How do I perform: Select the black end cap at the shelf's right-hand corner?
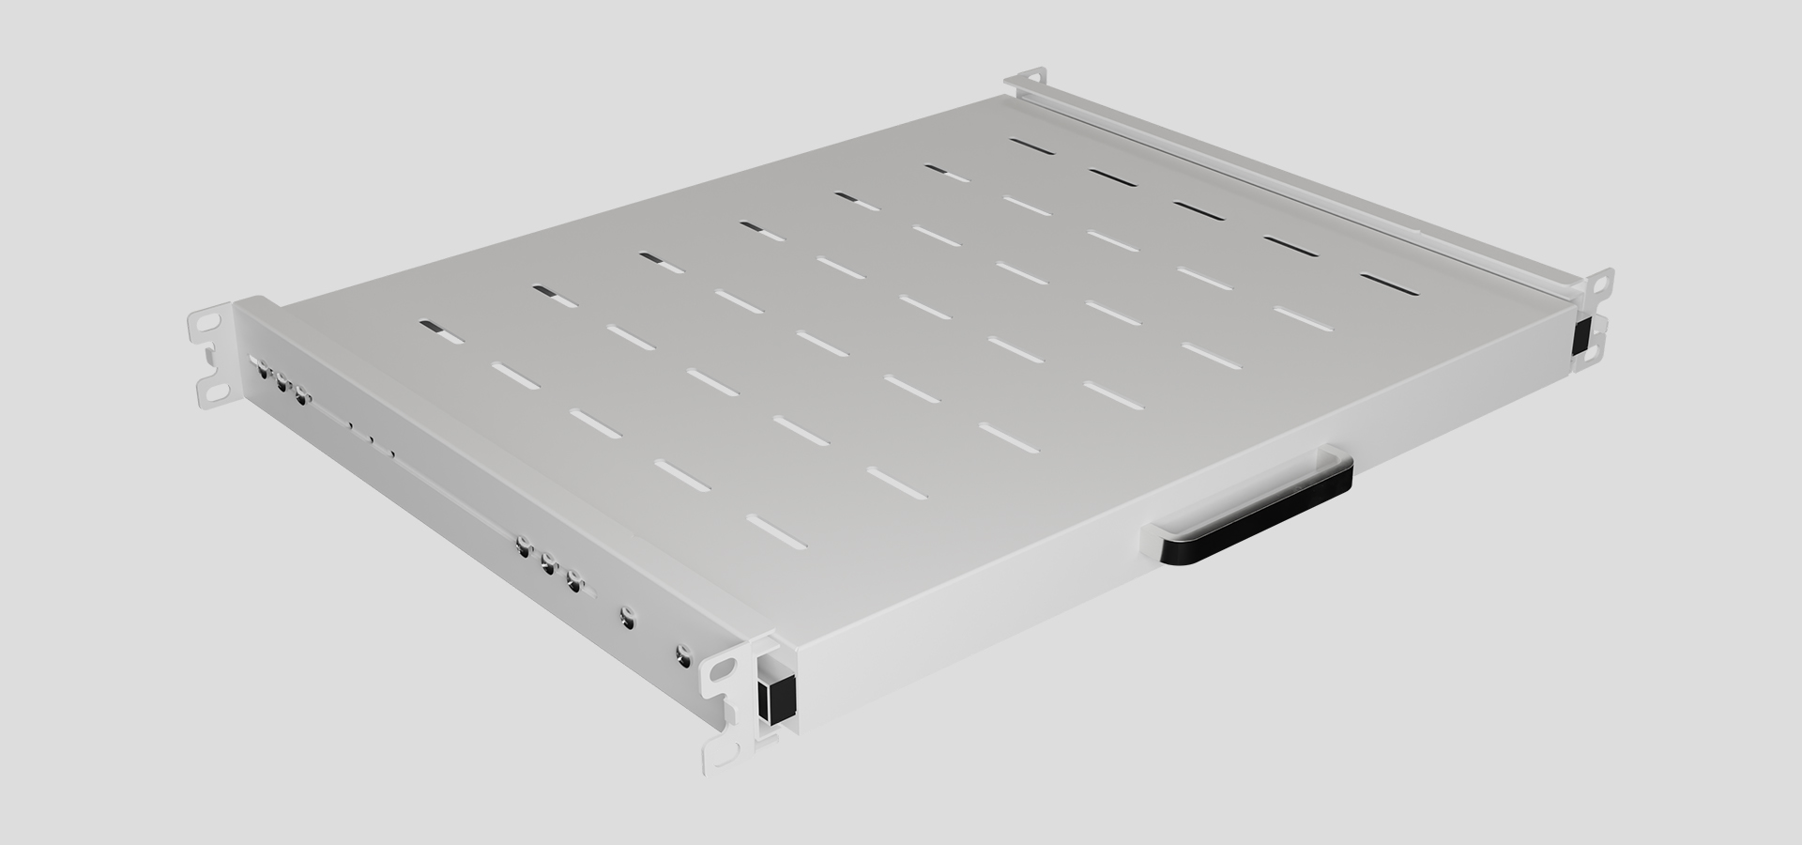tap(1582, 335)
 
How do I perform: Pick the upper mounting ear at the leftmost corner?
tap(208, 322)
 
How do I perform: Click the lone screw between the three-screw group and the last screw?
tap(627, 617)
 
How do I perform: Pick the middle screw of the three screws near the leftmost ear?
tap(281, 382)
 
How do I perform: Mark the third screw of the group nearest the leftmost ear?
tap(300, 395)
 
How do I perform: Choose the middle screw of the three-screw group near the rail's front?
tap(548, 565)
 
